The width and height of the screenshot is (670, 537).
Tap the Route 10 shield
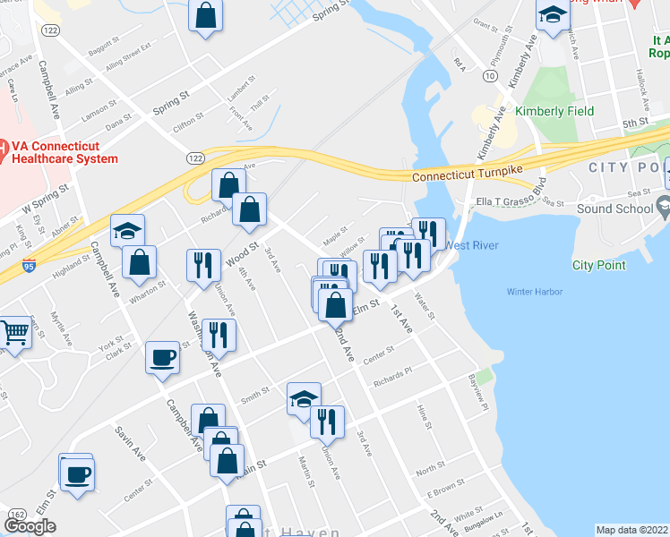point(489,77)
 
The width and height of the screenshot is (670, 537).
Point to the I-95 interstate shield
point(30,266)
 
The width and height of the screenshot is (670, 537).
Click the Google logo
point(30,526)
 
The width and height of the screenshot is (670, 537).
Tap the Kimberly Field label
point(554,112)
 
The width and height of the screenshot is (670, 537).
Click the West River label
point(471,245)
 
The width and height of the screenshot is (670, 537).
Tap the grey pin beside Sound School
point(664,209)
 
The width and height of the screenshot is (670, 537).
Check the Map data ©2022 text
point(632,530)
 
